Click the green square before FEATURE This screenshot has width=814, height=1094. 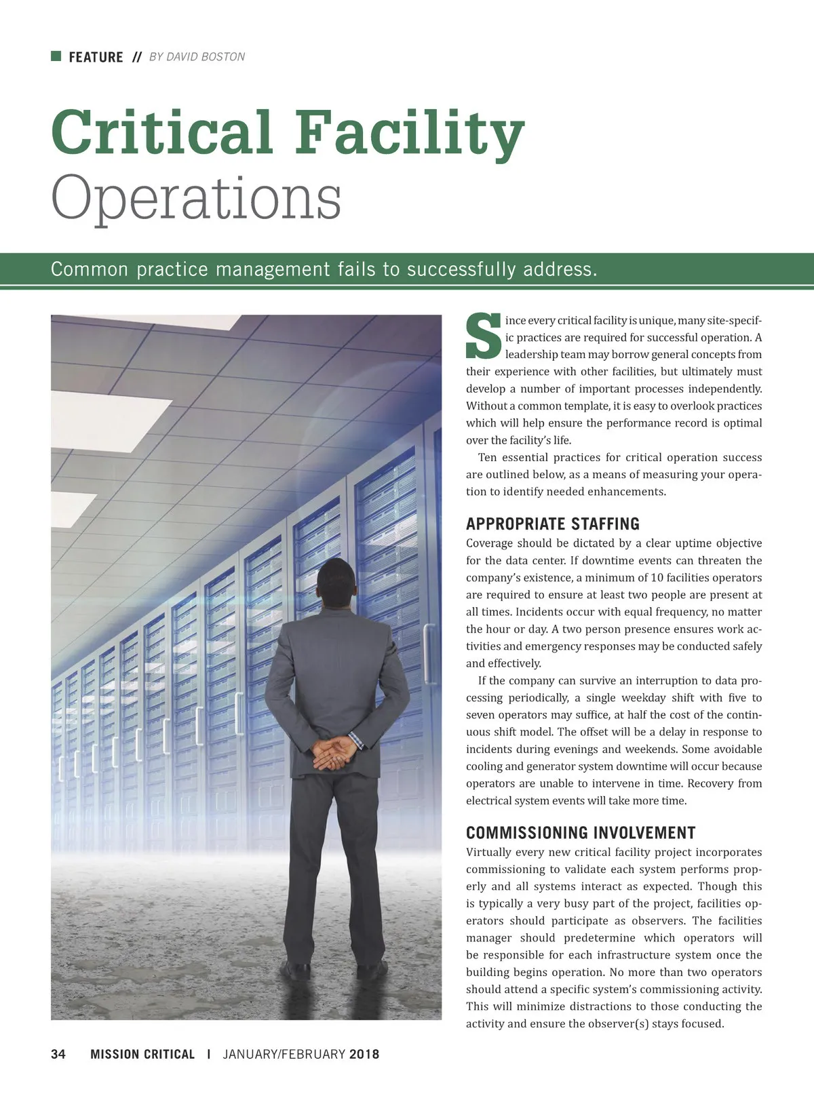point(56,56)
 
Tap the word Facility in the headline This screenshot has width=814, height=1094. point(410,132)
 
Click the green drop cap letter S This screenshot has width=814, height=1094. point(483,336)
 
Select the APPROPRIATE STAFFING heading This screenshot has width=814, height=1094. point(552,524)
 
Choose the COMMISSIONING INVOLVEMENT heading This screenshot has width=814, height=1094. point(581,833)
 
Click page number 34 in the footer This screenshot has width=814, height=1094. point(58,1054)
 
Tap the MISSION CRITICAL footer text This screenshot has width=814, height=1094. point(142,1054)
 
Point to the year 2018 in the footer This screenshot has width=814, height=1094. point(364,1054)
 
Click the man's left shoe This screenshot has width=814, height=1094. point(296,969)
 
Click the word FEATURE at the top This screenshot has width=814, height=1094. point(96,57)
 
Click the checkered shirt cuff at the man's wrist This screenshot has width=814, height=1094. point(357,739)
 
